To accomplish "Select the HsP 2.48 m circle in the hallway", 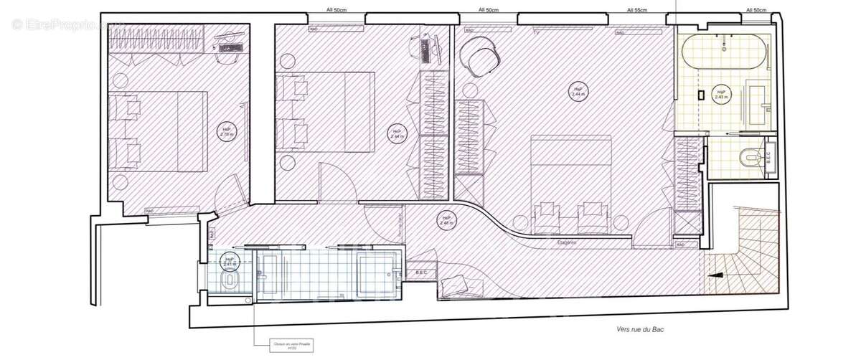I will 446,220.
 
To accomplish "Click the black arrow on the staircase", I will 716,273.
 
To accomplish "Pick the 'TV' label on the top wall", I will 535,32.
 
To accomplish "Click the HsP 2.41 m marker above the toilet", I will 230,261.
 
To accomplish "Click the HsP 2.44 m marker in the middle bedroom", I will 396,133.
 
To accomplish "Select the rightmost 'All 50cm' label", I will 756,10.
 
